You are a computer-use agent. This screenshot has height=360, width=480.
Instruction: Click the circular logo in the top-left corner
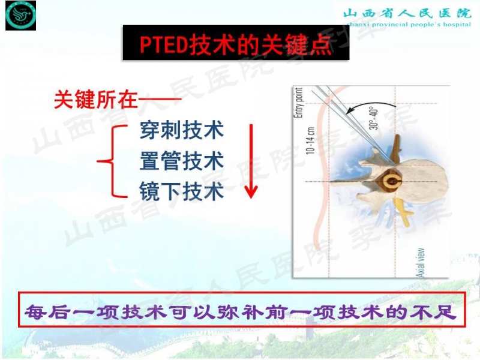pos(20,16)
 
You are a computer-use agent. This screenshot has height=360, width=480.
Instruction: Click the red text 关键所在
pos(96,100)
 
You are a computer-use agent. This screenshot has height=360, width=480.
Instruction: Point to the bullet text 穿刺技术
pos(181,130)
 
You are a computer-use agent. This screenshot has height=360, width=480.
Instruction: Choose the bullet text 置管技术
pos(181,161)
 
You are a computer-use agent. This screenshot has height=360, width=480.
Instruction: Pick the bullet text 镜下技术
pos(181,191)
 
